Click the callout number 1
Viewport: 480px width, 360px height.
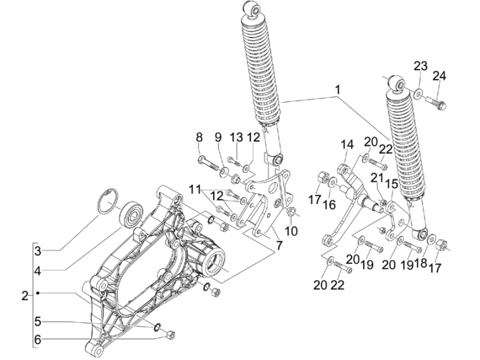[x=336, y=88]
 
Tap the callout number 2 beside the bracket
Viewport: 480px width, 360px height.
[x=24, y=295]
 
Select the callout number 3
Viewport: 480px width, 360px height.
[x=39, y=251]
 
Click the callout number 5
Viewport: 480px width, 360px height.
[x=39, y=322]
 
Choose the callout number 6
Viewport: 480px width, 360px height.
[x=39, y=339]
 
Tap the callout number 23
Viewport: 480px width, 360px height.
[x=421, y=66]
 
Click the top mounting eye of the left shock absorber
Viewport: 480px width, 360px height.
[x=254, y=9]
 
